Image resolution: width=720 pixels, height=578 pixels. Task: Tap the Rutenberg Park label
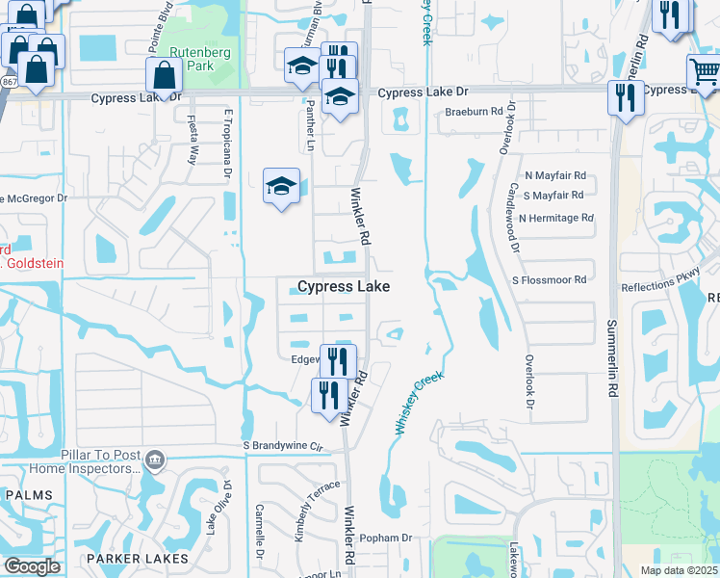pyautogui.click(x=192, y=59)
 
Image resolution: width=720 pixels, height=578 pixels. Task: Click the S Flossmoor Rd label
pyautogui.click(x=549, y=279)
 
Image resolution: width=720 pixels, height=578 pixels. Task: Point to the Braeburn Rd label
pyautogui.click(x=475, y=112)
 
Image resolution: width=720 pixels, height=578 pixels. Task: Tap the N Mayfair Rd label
pyautogui.click(x=555, y=176)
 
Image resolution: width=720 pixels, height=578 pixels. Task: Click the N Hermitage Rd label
pyautogui.click(x=555, y=218)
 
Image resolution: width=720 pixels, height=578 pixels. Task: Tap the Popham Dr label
pyautogui.click(x=387, y=538)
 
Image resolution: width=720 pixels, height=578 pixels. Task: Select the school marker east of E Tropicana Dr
pyautogui.click(x=281, y=185)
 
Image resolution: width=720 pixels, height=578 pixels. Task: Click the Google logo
pyautogui.click(x=32, y=565)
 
